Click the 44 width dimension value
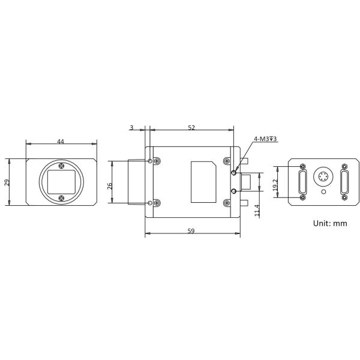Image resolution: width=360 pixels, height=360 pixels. pyautogui.click(x=61, y=142)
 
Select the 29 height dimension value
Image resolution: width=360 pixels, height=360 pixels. pyautogui.click(x=7, y=182)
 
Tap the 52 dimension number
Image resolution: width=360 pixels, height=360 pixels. pyautogui.click(x=191, y=128)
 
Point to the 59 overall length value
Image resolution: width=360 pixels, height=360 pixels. pyautogui.click(x=191, y=231)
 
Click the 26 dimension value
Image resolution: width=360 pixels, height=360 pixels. pyautogui.click(x=110, y=186)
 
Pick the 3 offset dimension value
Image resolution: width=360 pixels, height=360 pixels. pyautogui.click(x=131, y=127)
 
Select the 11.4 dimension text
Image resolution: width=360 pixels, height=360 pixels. pyautogui.click(x=257, y=211)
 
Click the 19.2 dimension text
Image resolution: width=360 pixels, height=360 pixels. pyautogui.click(x=275, y=185)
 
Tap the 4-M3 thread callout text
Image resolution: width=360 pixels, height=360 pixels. pyautogui.click(x=265, y=139)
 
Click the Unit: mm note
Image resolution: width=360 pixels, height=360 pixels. pyautogui.click(x=330, y=223)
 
